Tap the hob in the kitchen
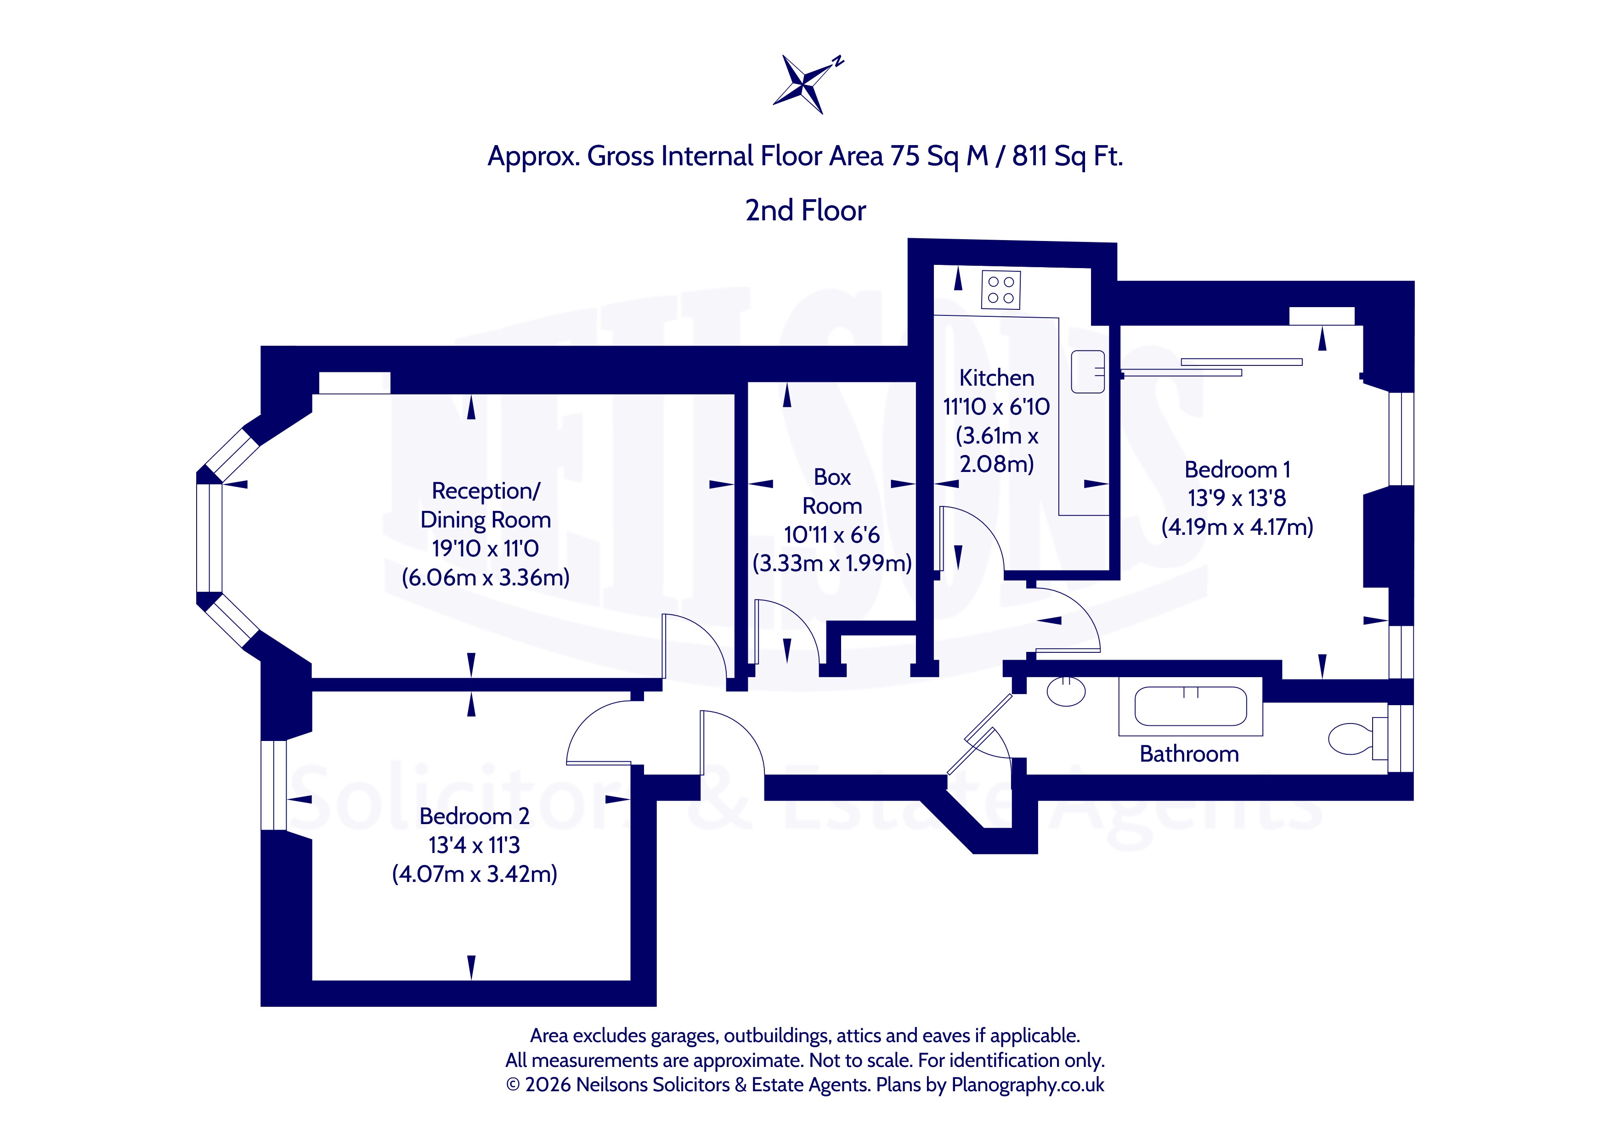[1001, 290]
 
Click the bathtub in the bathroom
[1191, 706]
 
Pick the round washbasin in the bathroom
[1066, 691]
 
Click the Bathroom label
[1189, 754]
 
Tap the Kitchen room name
[996, 378]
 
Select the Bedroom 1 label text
[1237, 469]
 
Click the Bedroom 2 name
[475, 816]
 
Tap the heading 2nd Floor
[806, 210]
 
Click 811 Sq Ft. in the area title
[1067, 156]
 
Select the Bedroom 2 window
[274, 786]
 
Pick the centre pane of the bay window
[209, 538]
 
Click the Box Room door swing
[786, 632]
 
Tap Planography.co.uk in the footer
[1028, 1085]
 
